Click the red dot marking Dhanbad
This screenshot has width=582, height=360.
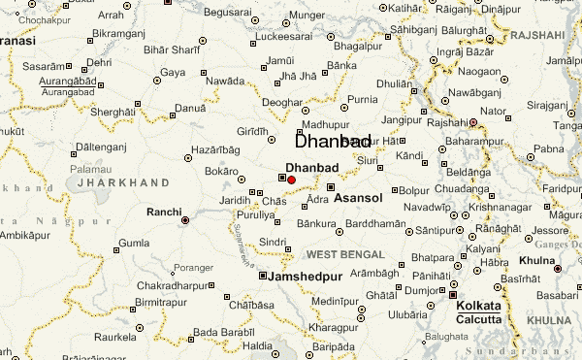[x=291, y=180]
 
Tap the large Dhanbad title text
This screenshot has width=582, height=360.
[x=332, y=142]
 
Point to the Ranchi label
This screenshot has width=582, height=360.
[x=162, y=211]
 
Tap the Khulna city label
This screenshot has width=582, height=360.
[x=535, y=261]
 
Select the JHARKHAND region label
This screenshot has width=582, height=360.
[x=122, y=181]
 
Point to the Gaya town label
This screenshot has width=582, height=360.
[x=173, y=72]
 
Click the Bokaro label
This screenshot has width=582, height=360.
[x=222, y=171]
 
